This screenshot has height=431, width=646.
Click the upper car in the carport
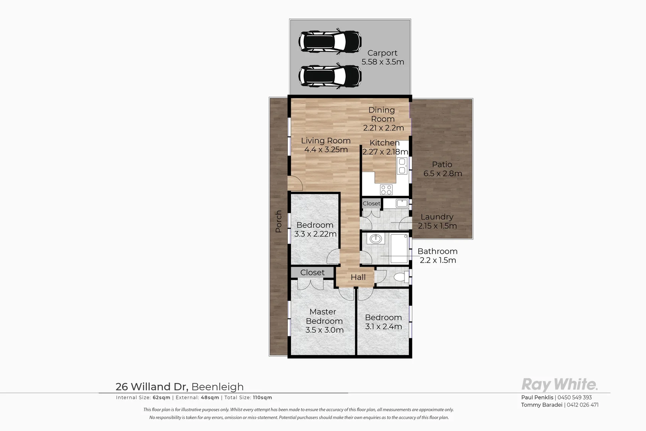point(330,41)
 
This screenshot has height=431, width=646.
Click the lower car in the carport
point(330,76)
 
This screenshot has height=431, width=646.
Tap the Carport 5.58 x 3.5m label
point(382,57)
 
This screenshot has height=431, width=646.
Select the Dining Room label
point(382,115)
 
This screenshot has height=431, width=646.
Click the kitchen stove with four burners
point(386,189)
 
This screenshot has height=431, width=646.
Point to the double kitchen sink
point(402,166)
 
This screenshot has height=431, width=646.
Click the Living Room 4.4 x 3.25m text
point(326,145)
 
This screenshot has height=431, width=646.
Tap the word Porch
point(279,221)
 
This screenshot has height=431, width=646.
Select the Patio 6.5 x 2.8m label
point(442,169)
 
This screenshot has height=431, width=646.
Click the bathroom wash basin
point(375,239)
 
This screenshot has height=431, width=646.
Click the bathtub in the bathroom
point(399,249)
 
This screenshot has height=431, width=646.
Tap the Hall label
point(358,277)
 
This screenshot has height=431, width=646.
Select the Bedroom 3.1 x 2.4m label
point(383,322)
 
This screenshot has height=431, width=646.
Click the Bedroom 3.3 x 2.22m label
point(315,229)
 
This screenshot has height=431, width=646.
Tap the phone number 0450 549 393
point(575,397)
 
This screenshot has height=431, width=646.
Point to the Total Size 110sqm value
point(262,398)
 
